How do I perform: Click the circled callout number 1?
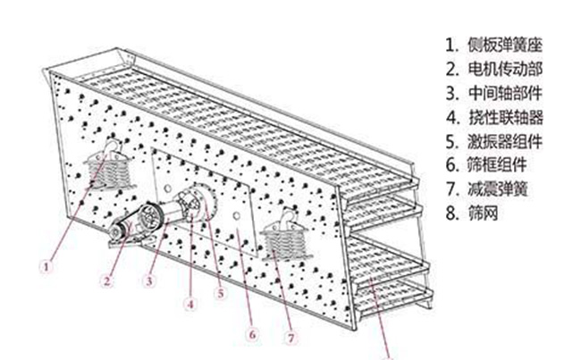click(46, 267)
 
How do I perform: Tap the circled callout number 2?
click(107, 281)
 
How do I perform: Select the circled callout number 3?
click(149, 281)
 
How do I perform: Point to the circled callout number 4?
click(190, 305)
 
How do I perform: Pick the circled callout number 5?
click(221, 293)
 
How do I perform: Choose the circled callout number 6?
click(252, 334)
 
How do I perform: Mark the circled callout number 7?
click(291, 338)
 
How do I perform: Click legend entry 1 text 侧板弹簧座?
click(505, 46)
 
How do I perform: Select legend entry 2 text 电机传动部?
click(505, 70)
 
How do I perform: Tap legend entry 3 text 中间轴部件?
click(505, 93)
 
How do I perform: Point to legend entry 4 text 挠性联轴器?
click(505, 117)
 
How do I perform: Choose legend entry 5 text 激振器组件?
click(505, 141)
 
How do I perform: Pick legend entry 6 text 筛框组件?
click(497, 165)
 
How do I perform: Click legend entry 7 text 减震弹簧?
click(497, 188)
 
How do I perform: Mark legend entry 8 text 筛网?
click(483, 213)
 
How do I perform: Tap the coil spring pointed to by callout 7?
click(284, 243)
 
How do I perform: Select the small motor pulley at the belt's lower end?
click(115, 231)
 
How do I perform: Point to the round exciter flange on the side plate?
click(198, 202)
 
